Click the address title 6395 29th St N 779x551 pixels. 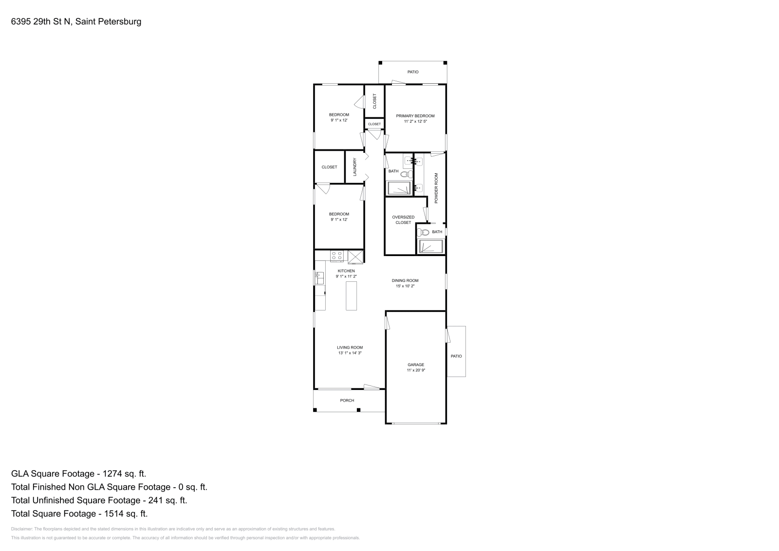click(76, 22)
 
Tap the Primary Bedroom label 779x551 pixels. click(415, 116)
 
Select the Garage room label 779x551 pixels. click(416, 365)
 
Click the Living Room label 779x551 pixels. click(350, 348)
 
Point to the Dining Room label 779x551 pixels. click(405, 280)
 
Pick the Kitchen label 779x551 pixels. click(346, 271)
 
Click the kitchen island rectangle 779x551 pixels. click(351, 295)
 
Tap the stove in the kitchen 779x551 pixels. click(336, 256)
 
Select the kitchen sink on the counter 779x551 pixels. click(319, 278)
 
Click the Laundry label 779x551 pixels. click(355, 167)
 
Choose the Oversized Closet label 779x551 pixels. click(403, 220)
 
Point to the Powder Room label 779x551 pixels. click(436, 188)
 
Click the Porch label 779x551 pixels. click(347, 401)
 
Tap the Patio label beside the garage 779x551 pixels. click(456, 356)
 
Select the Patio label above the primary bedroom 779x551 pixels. click(413, 72)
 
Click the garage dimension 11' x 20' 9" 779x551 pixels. click(416, 370)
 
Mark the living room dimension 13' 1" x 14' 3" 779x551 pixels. click(350, 353)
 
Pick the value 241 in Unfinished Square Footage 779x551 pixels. click(153, 500)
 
